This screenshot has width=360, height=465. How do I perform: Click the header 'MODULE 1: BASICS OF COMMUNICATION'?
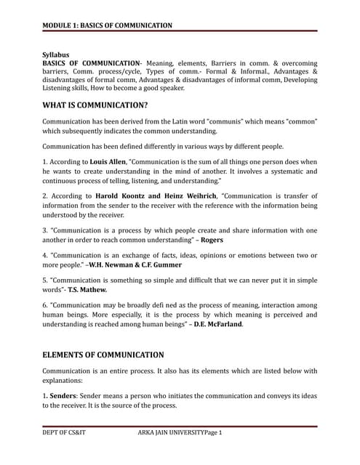pyautogui.click(x=107, y=25)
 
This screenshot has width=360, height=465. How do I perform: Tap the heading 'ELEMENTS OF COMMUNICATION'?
pyautogui.click(x=103, y=355)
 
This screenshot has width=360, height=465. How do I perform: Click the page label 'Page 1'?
pyautogui.click(x=212, y=433)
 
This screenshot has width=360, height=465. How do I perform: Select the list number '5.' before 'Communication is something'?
pyautogui.click(x=45, y=280)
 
